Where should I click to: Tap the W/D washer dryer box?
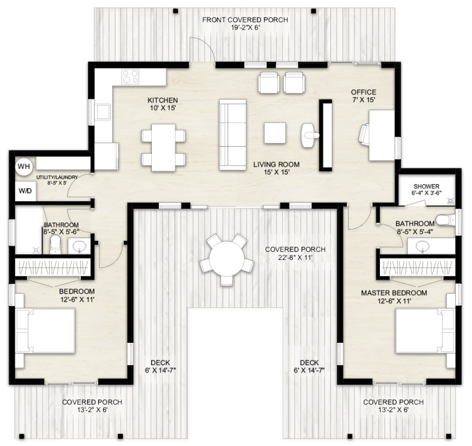pos(25,191)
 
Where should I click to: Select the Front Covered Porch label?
pos(245,23)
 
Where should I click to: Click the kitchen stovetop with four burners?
pos(130,76)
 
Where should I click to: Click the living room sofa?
pos(232,135)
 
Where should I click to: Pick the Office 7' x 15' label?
pos(363,96)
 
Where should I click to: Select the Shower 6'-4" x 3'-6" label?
pos(426,190)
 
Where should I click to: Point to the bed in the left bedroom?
pos(45,329)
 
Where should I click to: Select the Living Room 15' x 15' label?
pos(276,168)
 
